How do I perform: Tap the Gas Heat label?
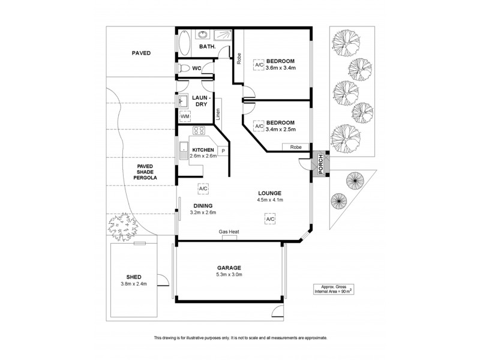pyautogui.click(x=229, y=232)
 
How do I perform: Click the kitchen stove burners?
pyautogui.click(x=198, y=131)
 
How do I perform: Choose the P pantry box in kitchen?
pyautogui.click(x=222, y=151)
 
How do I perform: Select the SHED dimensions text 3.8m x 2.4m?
pyautogui.click(x=134, y=283)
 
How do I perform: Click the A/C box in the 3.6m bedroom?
pyautogui.click(x=259, y=64)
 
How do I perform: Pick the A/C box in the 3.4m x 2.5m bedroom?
pyautogui.click(x=259, y=127)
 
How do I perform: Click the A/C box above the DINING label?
pyautogui.click(x=203, y=188)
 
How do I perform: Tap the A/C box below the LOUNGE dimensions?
pyautogui.click(x=270, y=220)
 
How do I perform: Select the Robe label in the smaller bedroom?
pyautogui.click(x=295, y=147)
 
